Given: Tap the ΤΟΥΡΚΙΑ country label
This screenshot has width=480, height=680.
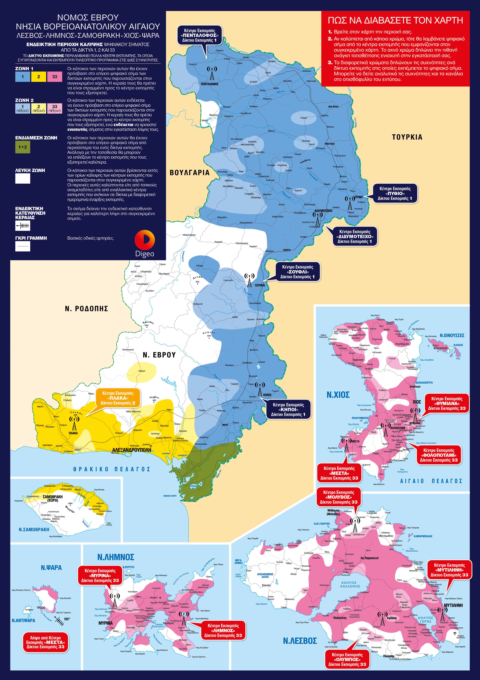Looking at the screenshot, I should click(x=407, y=137).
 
